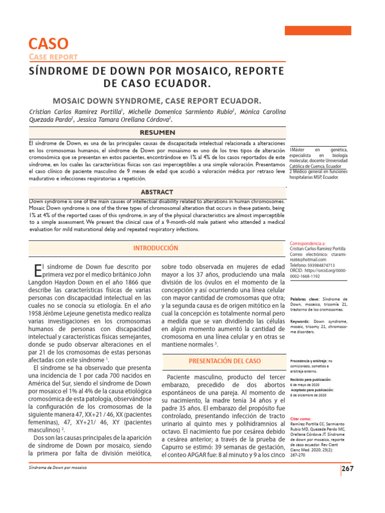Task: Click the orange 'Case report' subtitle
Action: point(53,57)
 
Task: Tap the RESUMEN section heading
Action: point(157,133)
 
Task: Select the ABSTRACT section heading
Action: point(157,192)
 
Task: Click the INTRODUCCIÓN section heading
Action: point(155,248)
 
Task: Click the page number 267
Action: point(347,469)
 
